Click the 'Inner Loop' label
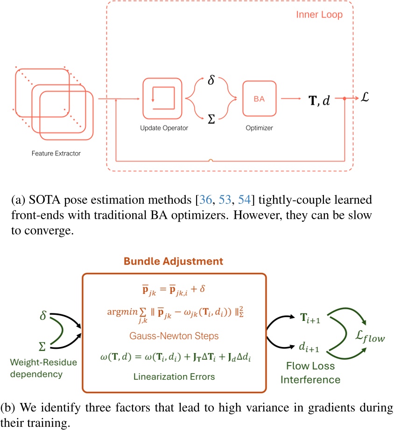pyautogui.click(x=319, y=15)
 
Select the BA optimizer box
pyautogui.click(x=259, y=99)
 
